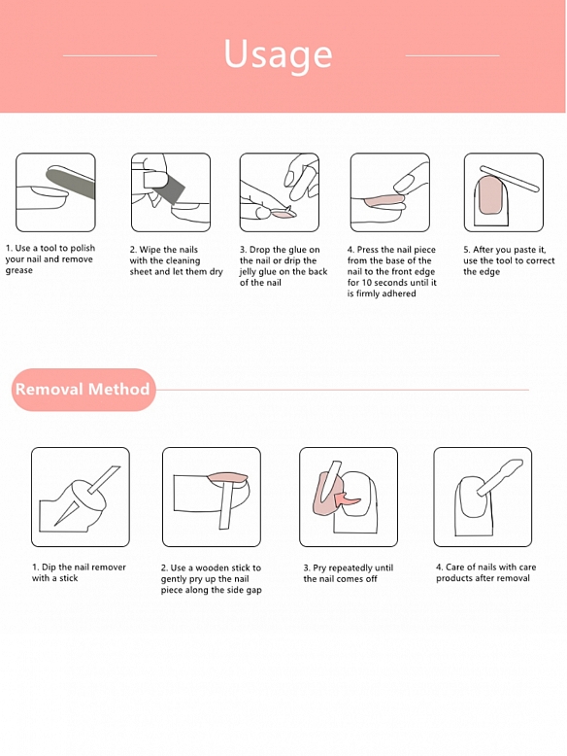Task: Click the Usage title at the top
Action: (x=278, y=54)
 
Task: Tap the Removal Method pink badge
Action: (x=83, y=390)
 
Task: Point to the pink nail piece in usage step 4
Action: (x=384, y=199)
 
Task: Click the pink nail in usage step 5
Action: (x=491, y=195)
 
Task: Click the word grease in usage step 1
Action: (x=19, y=271)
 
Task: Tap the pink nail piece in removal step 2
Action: (x=228, y=477)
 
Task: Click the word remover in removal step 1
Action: (x=109, y=567)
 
